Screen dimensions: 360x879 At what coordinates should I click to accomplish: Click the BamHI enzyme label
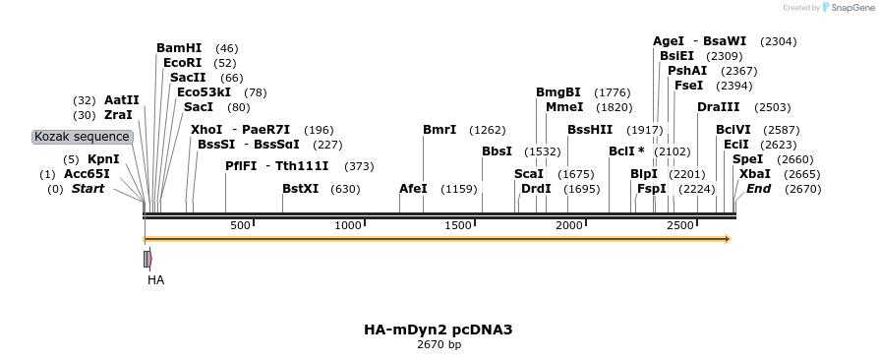[179, 48]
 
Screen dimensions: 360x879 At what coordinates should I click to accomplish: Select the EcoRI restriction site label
[182, 63]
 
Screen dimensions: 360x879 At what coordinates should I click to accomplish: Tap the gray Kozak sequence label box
[82, 137]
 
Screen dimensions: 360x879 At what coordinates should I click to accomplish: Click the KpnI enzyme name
[103, 159]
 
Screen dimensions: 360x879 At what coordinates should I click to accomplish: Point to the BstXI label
[300, 189]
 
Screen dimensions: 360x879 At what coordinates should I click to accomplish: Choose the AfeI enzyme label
[413, 189]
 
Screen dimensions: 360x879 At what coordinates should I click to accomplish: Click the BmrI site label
[439, 130]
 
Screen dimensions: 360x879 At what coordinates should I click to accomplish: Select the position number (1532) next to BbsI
[542, 151]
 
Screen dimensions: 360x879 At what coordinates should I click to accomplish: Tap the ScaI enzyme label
[529, 174]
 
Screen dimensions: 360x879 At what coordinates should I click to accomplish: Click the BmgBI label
[557, 92]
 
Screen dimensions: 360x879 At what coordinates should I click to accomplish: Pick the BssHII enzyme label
[590, 130]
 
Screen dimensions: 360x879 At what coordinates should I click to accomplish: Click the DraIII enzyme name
[717, 107]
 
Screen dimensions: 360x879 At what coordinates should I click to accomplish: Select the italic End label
[759, 189]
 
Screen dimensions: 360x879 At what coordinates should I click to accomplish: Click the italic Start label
[88, 189]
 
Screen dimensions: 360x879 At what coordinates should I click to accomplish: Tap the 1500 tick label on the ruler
[459, 226]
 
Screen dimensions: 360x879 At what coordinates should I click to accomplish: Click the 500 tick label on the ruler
[240, 226]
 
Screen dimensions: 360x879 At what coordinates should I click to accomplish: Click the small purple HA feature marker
[147, 259]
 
